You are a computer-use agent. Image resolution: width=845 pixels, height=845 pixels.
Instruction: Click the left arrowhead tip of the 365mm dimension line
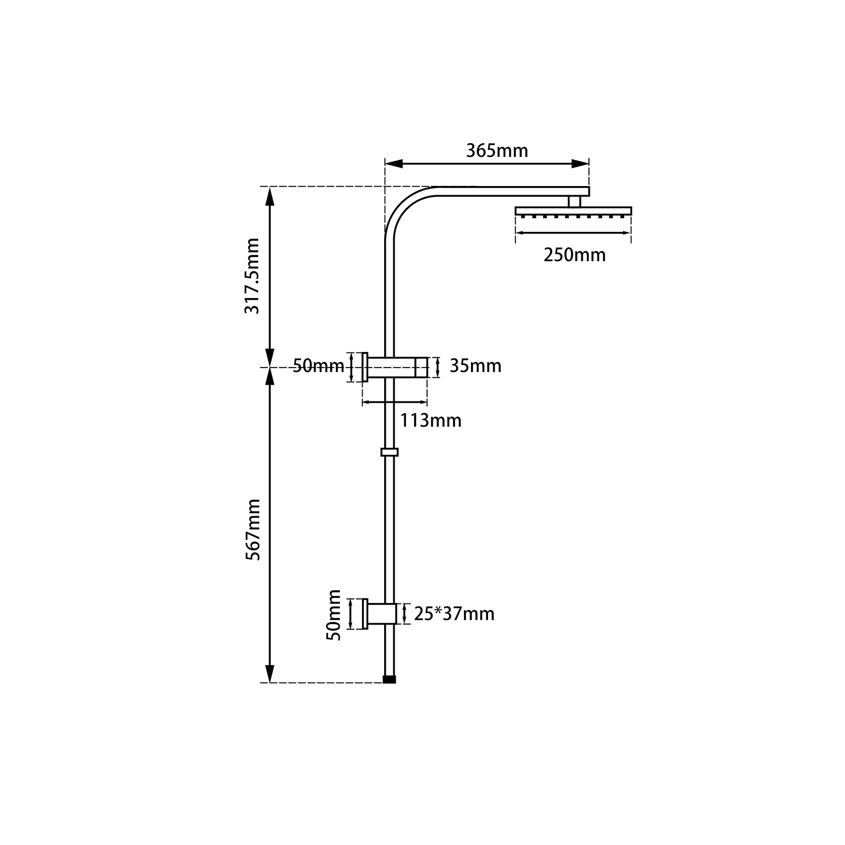click(x=386, y=163)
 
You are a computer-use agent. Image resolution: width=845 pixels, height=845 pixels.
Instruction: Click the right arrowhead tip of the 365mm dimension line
click(x=589, y=163)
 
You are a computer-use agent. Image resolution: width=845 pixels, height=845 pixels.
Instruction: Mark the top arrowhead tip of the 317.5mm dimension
click(x=270, y=187)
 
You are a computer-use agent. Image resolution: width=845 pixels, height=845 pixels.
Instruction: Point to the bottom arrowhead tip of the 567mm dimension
click(x=270, y=682)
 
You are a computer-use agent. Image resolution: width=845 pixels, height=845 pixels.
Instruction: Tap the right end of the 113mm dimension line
click(x=427, y=402)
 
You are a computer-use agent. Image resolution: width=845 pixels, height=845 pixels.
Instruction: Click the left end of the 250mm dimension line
click(x=516, y=233)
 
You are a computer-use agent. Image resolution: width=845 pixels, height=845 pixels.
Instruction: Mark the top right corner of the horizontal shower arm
click(x=589, y=187)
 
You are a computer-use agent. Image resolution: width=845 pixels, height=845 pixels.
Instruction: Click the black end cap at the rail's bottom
click(x=389, y=679)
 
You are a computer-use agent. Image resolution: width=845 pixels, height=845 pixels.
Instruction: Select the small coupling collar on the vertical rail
click(x=389, y=452)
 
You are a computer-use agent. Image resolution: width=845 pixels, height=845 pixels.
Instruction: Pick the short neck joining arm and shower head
click(x=574, y=201)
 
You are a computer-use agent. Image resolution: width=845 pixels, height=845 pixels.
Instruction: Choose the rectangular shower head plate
click(x=573, y=211)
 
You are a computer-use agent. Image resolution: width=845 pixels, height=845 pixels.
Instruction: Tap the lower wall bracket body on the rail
click(x=385, y=614)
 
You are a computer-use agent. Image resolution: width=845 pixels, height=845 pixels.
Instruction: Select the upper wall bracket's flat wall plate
click(x=365, y=367)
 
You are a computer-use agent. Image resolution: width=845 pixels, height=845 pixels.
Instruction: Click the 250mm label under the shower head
click(x=574, y=255)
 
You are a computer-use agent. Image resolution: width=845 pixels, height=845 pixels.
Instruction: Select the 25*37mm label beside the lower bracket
click(x=454, y=614)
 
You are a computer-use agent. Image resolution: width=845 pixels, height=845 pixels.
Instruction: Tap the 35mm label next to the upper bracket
click(x=475, y=366)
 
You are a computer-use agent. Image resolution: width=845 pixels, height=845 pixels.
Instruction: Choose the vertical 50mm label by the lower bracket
click(x=334, y=615)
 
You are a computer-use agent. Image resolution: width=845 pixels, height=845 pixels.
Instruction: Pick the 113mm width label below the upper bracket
click(x=431, y=420)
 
